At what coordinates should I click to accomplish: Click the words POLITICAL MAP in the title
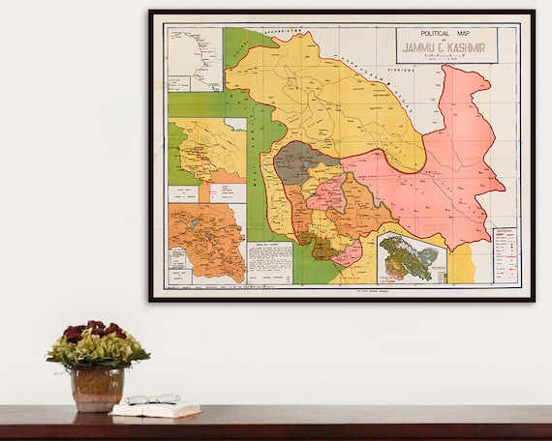tap(445, 33)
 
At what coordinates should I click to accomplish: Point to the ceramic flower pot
tap(96, 388)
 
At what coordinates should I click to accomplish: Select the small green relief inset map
tap(410, 254)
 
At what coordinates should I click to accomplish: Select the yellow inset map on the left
tap(206, 150)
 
